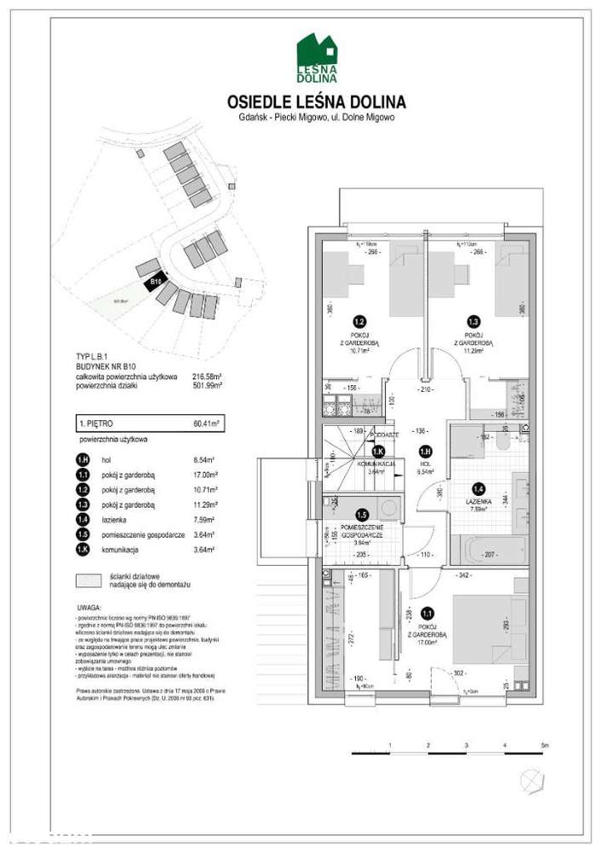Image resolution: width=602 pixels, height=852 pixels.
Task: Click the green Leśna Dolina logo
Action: point(316,58)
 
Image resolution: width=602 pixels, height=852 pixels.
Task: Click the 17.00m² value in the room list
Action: point(206,475)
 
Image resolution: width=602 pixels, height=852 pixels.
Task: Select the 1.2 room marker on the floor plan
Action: point(359,322)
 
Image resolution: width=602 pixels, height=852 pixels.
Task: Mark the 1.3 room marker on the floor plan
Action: point(474,322)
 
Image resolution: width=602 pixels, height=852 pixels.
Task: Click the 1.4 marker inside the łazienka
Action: point(479,489)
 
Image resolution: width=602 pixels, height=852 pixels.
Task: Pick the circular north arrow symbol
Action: point(532,780)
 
